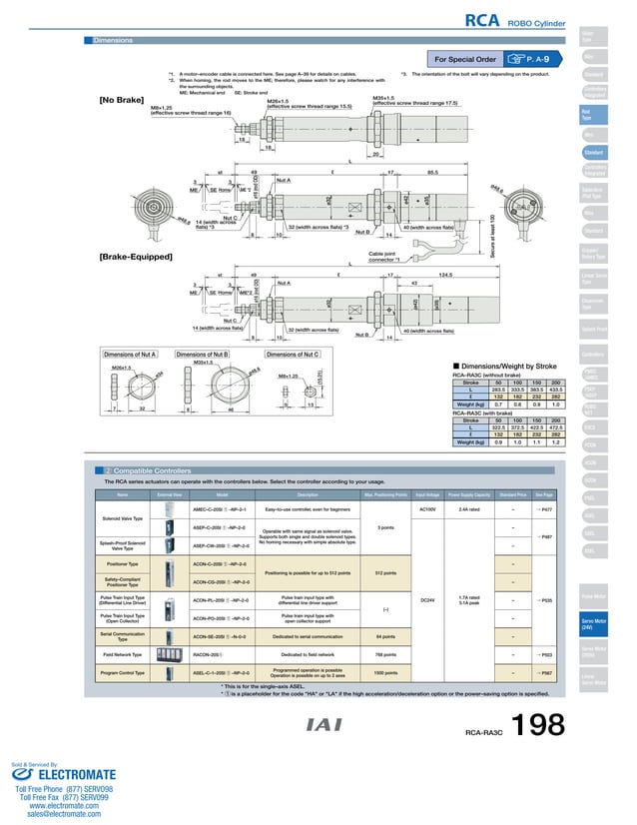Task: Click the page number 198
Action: (538, 726)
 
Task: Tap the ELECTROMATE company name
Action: (69, 772)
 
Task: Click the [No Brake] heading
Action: (120, 99)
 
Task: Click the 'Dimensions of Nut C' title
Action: (293, 354)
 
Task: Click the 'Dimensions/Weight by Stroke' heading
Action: (509, 366)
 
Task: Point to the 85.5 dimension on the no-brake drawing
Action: (432, 172)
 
